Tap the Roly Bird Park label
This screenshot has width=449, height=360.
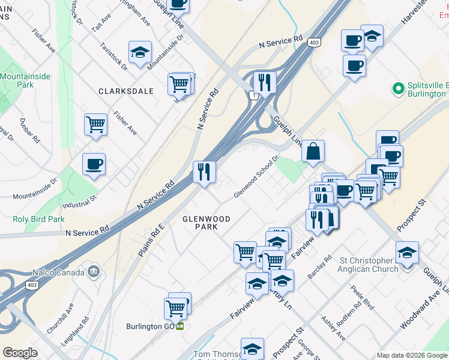38,219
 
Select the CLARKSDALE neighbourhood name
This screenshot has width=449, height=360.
126,91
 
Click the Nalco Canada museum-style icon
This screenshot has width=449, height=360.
93,271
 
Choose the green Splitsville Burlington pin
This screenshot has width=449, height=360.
397,89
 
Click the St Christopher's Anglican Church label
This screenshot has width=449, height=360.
369,265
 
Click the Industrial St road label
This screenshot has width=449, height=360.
79,203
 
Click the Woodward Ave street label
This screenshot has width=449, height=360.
416,313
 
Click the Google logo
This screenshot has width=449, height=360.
20,353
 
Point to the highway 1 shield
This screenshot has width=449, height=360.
255,96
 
